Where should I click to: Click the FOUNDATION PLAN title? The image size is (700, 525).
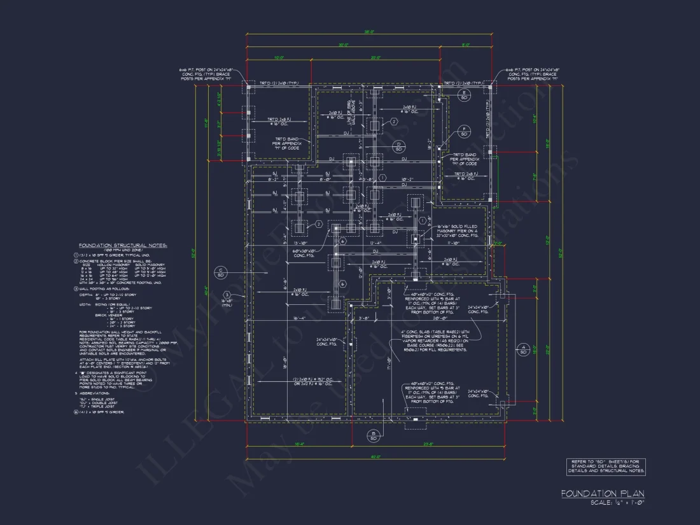pos(602,493)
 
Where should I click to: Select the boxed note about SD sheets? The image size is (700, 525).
pos(606,466)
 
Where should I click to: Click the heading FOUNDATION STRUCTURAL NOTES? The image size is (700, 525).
pos(123,245)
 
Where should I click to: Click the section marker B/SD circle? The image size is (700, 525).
pos(374,436)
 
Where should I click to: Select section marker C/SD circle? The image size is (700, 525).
pos(221,272)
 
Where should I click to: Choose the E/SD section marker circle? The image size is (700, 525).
pos(464,95)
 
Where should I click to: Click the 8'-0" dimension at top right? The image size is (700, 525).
pos(466,45)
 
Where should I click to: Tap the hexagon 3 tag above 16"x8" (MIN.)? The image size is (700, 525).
pos(226,293)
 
